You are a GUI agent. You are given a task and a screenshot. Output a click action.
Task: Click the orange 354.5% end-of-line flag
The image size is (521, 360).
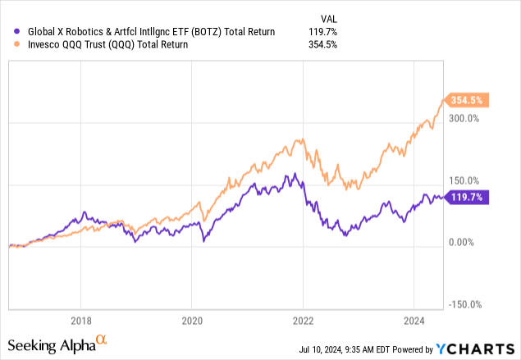point(465,100)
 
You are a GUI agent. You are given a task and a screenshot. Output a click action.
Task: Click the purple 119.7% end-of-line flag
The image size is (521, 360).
point(465,197)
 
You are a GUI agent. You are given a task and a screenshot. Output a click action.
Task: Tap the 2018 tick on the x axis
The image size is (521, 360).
point(80,321)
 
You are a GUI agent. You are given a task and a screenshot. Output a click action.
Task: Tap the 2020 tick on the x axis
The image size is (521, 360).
point(191,321)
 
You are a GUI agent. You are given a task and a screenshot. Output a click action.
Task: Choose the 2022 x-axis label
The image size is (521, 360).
point(303,321)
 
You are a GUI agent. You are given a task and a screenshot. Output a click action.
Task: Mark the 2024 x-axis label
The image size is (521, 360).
point(414,321)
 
